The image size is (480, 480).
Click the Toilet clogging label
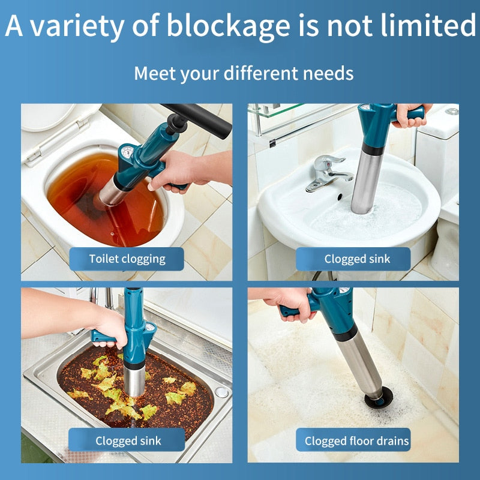point(127,259)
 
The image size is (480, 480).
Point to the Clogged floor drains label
point(356,441)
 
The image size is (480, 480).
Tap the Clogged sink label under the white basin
point(356,259)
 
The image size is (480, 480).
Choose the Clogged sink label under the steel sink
point(127,441)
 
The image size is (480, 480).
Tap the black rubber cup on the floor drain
point(379,397)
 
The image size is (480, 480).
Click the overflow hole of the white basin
point(340,196)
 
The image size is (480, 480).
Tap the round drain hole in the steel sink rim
point(221,392)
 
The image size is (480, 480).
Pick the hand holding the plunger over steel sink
point(112,327)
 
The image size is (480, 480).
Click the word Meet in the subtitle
point(152,73)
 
